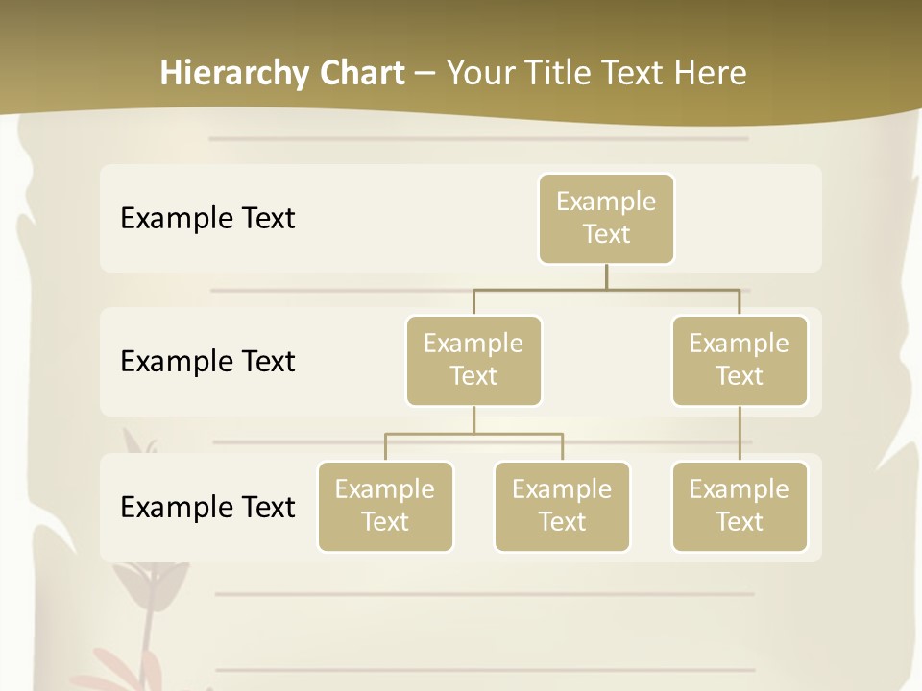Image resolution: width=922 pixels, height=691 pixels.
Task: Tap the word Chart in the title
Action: click(360, 74)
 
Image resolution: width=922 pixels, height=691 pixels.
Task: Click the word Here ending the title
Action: click(710, 74)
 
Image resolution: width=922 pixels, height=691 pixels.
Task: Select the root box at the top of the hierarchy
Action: click(606, 219)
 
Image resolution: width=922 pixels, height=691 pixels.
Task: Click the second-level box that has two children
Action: click(473, 361)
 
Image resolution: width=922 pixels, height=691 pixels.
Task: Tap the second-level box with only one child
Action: click(740, 361)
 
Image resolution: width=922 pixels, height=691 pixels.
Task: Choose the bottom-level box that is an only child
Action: click(740, 507)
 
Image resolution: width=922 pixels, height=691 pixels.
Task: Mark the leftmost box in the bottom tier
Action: click(385, 507)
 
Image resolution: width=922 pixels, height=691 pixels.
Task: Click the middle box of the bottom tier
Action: click(562, 507)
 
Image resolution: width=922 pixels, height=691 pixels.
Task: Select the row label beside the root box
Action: click(207, 219)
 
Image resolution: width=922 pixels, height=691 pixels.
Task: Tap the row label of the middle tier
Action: click(207, 362)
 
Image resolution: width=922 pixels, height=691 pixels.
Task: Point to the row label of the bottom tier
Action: click(207, 507)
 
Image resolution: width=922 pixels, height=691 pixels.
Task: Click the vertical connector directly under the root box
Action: click(606, 276)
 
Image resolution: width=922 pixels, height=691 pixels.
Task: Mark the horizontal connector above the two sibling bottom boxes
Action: click(473, 434)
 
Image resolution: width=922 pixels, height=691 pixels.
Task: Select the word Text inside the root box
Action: click(606, 234)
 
